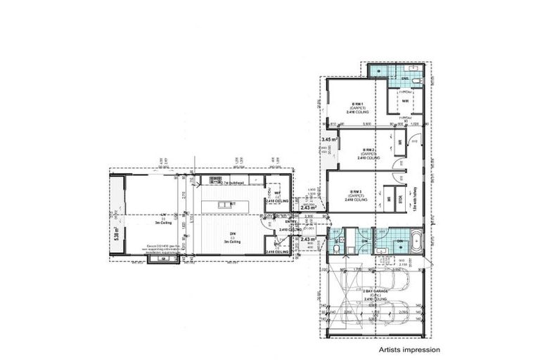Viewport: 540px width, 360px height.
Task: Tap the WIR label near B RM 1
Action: click(406, 101)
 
